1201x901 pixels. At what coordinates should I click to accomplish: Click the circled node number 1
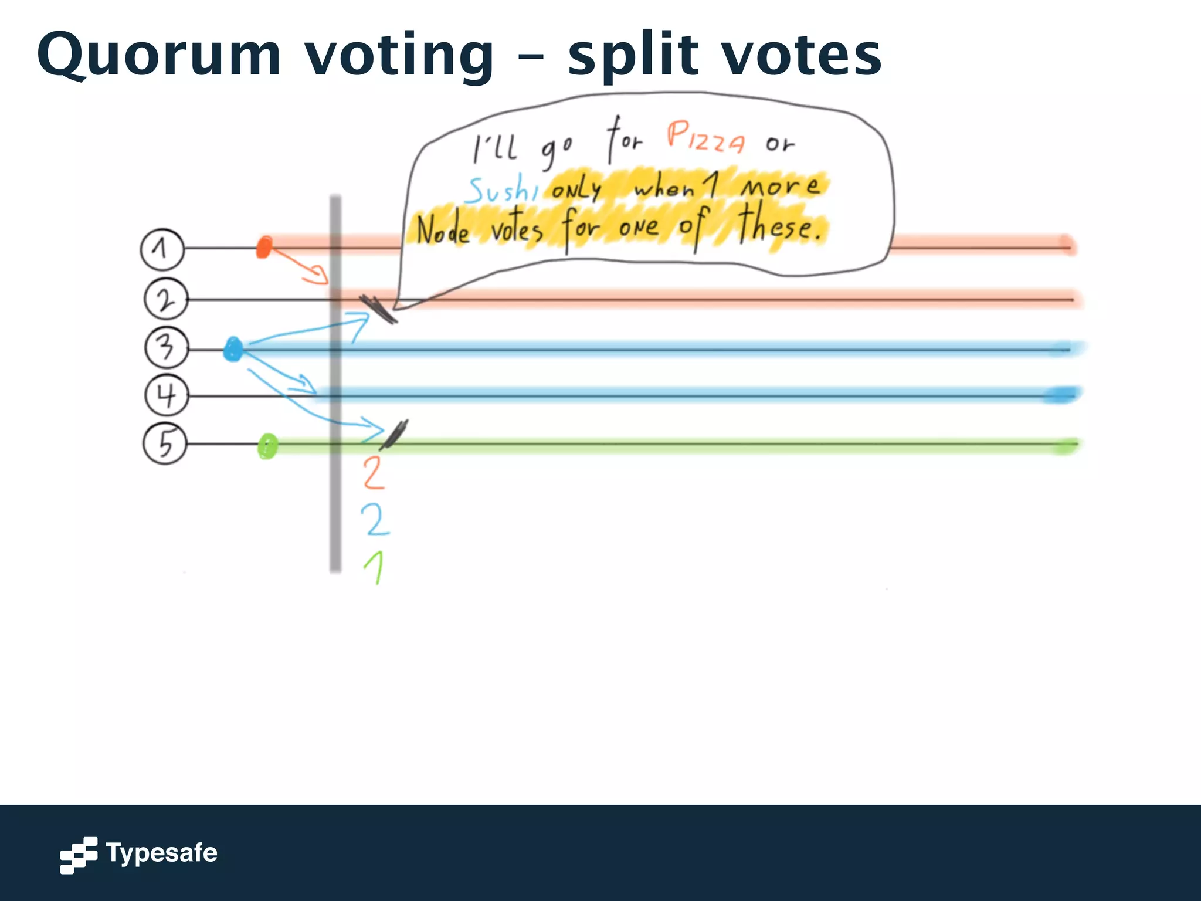(162, 249)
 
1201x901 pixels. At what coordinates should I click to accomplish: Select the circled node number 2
(166, 299)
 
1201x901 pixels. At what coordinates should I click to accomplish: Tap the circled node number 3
(167, 347)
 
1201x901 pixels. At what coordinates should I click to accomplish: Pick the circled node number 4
(167, 395)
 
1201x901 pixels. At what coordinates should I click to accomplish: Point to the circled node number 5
(165, 443)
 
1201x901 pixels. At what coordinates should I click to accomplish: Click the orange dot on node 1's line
(264, 247)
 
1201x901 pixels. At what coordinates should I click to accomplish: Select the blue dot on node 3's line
(233, 350)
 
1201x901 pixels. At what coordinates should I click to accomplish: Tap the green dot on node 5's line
(267, 446)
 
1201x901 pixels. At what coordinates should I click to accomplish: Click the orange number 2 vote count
(374, 473)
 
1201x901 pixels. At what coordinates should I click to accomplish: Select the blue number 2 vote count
(375, 519)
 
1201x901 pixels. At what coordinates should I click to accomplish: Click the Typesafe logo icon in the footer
(78, 855)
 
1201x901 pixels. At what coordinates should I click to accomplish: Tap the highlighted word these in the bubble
(778, 225)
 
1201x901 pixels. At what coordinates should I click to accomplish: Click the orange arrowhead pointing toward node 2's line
(320, 275)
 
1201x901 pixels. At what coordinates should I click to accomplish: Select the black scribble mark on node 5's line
(394, 435)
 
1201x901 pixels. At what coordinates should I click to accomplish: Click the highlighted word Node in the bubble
(443, 231)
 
